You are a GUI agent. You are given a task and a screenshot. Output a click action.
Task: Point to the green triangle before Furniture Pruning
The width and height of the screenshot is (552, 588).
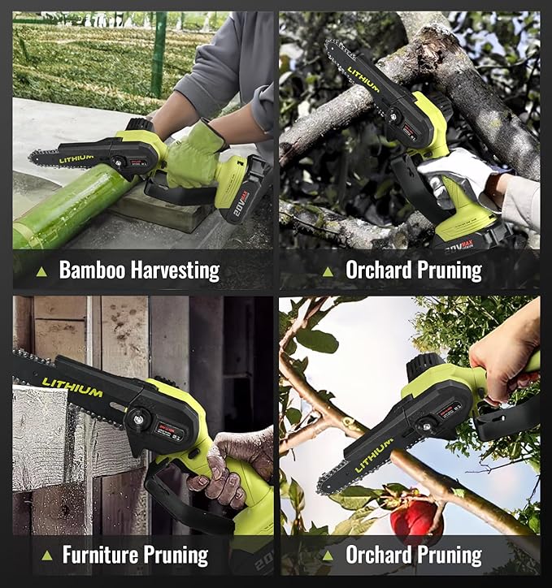pos(46,556)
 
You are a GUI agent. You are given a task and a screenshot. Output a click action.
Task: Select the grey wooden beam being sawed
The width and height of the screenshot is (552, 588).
pos(49,439)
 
